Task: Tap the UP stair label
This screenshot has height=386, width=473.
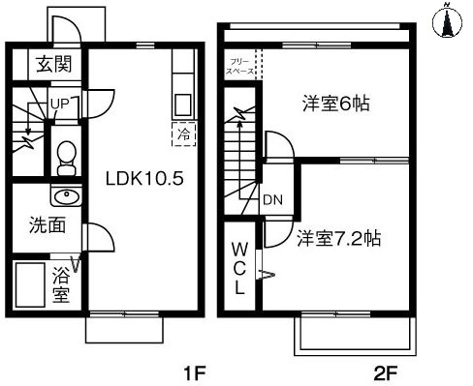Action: [x=58, y=102]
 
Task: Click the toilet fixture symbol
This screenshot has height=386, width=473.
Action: [x=66, y=154]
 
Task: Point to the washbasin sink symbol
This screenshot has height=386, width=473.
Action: [x=65, y=198]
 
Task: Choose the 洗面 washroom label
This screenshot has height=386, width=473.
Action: [x=46, y=226]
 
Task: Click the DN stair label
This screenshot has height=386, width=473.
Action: [x=272, y=201]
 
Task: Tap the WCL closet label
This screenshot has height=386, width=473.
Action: [x=239, y=267]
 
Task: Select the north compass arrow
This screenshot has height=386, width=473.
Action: [x=448, y=20]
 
